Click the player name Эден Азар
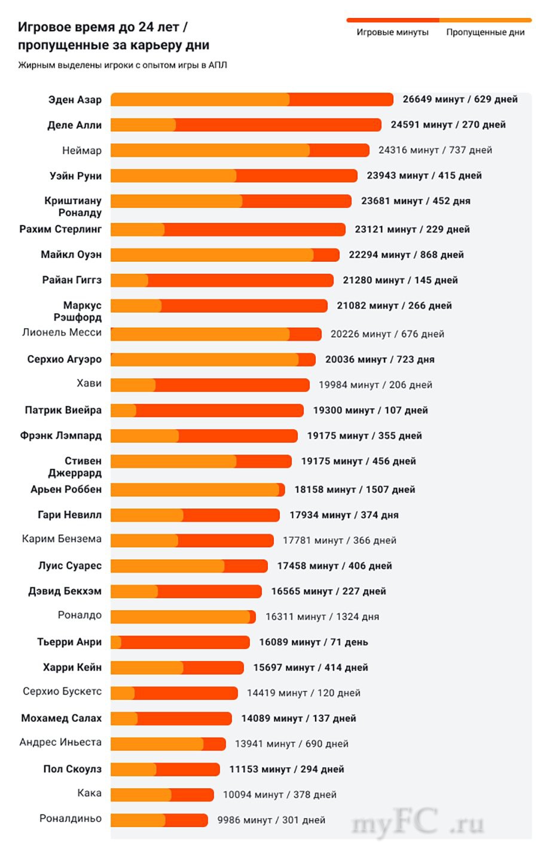coord(75,100)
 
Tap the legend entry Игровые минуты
coord(392,32)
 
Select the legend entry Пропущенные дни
coord(485,32)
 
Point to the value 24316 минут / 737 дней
coord(435,150)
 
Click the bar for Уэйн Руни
coord(234,176)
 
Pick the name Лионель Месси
coord(62,332)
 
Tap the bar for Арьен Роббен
coord(197,489)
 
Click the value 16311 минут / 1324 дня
coord(322,617)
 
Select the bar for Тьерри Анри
coord(180,642)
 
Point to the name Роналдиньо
coord(70,818)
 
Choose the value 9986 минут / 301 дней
coord(271,820)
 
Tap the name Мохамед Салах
coord(61,718)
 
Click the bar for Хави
coord(210,385)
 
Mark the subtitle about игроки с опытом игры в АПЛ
coord(123,65)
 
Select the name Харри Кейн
coord(72,667)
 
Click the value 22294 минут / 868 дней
coord(406,255)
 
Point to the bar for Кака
coord(162,795)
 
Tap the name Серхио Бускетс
coord(62,691)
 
